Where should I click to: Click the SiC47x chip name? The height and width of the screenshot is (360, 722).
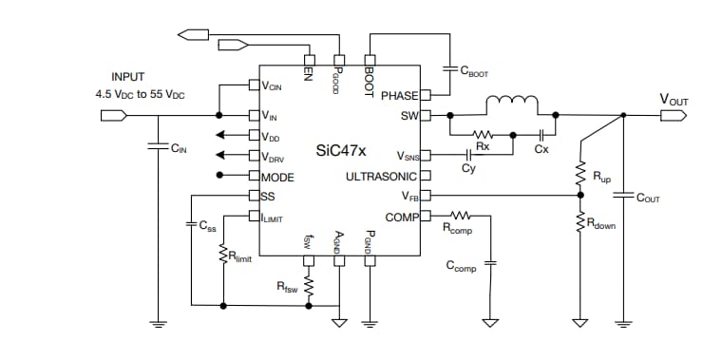coord(342,151)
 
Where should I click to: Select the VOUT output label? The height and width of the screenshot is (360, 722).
coord(675,98)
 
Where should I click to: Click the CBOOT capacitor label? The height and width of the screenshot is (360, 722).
coord(473,71)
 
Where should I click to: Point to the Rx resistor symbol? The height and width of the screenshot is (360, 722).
coord(483,135)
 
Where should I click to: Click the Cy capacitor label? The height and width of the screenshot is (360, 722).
coord(468,168)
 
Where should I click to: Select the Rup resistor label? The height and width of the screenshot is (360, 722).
coord(601,177)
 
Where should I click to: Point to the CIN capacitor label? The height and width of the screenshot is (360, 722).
coord(179,148)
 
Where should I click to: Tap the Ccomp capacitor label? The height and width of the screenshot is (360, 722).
coord(461,267)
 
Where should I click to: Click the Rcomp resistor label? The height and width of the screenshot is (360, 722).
coord(459,229)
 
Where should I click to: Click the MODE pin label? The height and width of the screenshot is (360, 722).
coord(277,177)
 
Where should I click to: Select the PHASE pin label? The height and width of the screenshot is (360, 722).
coord(399,96)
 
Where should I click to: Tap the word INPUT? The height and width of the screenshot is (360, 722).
coord(129,77)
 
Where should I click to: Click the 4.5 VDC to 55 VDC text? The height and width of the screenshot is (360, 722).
coord(140,95)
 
